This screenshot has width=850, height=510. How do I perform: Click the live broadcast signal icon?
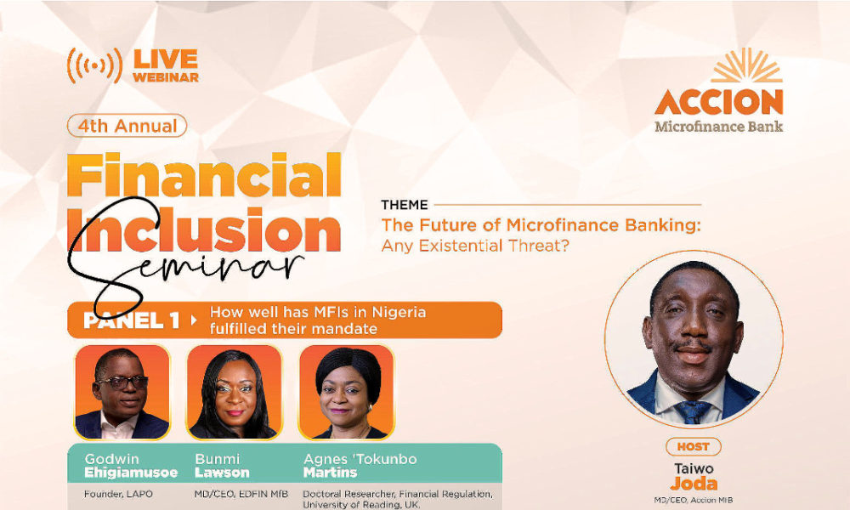pyautogui.click(x=93, y=65)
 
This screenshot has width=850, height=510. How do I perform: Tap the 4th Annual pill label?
pyautogui.click(x=127, y=126)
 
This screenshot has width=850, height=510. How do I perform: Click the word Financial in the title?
pyautogui.click(x=204, y=176)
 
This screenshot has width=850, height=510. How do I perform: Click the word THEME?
pyautogui.click(x=405, y=205)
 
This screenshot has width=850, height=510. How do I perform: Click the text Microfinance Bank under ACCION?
pyautogui.click(x=719, y=127)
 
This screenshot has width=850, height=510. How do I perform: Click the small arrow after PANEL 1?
pyautogui.click(x=194, y=320)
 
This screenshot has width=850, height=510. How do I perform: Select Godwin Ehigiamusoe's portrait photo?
pyautogui.click(x=122, y=392)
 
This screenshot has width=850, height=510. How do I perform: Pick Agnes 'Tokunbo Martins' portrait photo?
pyautogui.click(x=346, y=392)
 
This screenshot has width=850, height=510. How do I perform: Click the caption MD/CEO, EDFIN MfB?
pyautogui.click(x=235, y=494)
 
